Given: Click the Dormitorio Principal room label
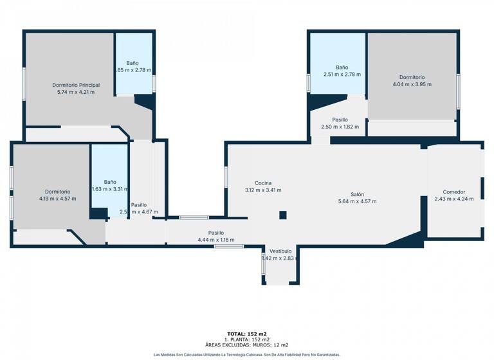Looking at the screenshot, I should pyautogui.click(x=76, y=85).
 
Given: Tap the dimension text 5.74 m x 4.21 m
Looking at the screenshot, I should pyautogui.click(x=76, y=92).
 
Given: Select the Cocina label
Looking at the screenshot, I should pyautogui.click(x=263, y=183).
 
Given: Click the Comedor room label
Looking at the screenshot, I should pyautogui.click(x=453, y=192).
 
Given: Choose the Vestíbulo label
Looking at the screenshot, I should pyautogui.click(x=280, y=251).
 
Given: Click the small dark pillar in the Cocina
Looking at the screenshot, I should pyautogui.click(x=282, y=215).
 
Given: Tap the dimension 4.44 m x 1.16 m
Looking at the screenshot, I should pyautogui.click(x=216, y=240).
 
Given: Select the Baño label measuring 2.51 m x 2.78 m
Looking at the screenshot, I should pyautogui.click(x=342, y=67).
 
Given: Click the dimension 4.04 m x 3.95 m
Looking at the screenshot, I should pyautogui.click(x=412, y=84).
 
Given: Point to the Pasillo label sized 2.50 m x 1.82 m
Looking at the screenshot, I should pyautogui.click(x=340, y=120).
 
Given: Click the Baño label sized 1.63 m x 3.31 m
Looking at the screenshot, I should pyautogui.click(x=110, y=182).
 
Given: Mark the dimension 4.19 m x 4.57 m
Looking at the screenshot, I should pyautogui.click(x=57, y=199).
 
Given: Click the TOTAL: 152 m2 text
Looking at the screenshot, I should pyautogui.click(x=247, y=334).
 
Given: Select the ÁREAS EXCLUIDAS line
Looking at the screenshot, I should pyautogui.click(x=247, y=345).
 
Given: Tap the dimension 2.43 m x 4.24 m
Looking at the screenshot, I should pyautogui.click(x=453, y=199).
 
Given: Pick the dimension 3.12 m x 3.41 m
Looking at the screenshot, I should pyautogui.click(x=263, y=190).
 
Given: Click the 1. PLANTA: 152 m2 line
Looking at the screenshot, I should pyautogui.click(x=247, y=339).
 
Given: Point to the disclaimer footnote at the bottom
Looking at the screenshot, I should pyautogui.click(x=247, y=354).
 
